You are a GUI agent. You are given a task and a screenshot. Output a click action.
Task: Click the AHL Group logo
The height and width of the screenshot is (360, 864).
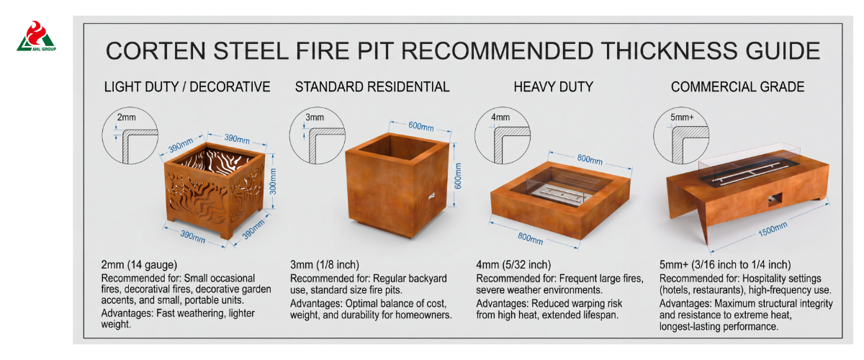click(36, 36)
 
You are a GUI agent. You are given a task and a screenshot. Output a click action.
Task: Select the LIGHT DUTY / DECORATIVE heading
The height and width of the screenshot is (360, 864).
click(187, 87)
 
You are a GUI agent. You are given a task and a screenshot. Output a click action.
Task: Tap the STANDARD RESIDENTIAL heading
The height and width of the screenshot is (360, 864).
click(372, 87)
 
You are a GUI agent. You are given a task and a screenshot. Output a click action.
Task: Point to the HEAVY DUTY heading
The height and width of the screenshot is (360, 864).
click(554, 87)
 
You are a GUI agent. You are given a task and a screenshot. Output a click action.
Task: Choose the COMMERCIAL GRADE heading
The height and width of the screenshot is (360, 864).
click(737, 87)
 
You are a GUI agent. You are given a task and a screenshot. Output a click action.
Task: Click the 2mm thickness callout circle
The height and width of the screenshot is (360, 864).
click(130, 135)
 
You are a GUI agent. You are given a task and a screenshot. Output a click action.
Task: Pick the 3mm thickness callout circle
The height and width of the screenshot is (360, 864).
click(318, 135)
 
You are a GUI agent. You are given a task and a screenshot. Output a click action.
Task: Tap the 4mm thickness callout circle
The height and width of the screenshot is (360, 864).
click(503, 135)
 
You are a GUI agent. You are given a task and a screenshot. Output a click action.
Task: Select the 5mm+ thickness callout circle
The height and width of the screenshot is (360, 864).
click(682, 135)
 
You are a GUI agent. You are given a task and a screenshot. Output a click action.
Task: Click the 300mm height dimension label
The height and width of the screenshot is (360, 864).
click(273, 181)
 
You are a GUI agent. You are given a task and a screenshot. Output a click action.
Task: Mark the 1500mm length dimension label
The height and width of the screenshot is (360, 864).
click(773, 229)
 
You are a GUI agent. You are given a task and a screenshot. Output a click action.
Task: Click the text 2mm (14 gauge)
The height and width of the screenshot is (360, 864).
click(139, 265)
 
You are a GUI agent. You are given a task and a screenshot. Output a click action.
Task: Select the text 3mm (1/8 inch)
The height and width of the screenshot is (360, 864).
click(325, 265)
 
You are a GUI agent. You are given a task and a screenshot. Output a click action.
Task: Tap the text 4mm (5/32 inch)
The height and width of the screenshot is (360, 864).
click(513, 265)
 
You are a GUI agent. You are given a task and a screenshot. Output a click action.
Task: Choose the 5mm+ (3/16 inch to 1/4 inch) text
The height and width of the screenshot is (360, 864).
click(725, 265)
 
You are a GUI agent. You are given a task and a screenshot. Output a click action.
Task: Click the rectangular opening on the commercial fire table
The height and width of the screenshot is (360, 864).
click(775, 199)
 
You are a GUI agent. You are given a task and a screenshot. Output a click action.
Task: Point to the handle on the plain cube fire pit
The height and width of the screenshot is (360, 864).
click(431, 196)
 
